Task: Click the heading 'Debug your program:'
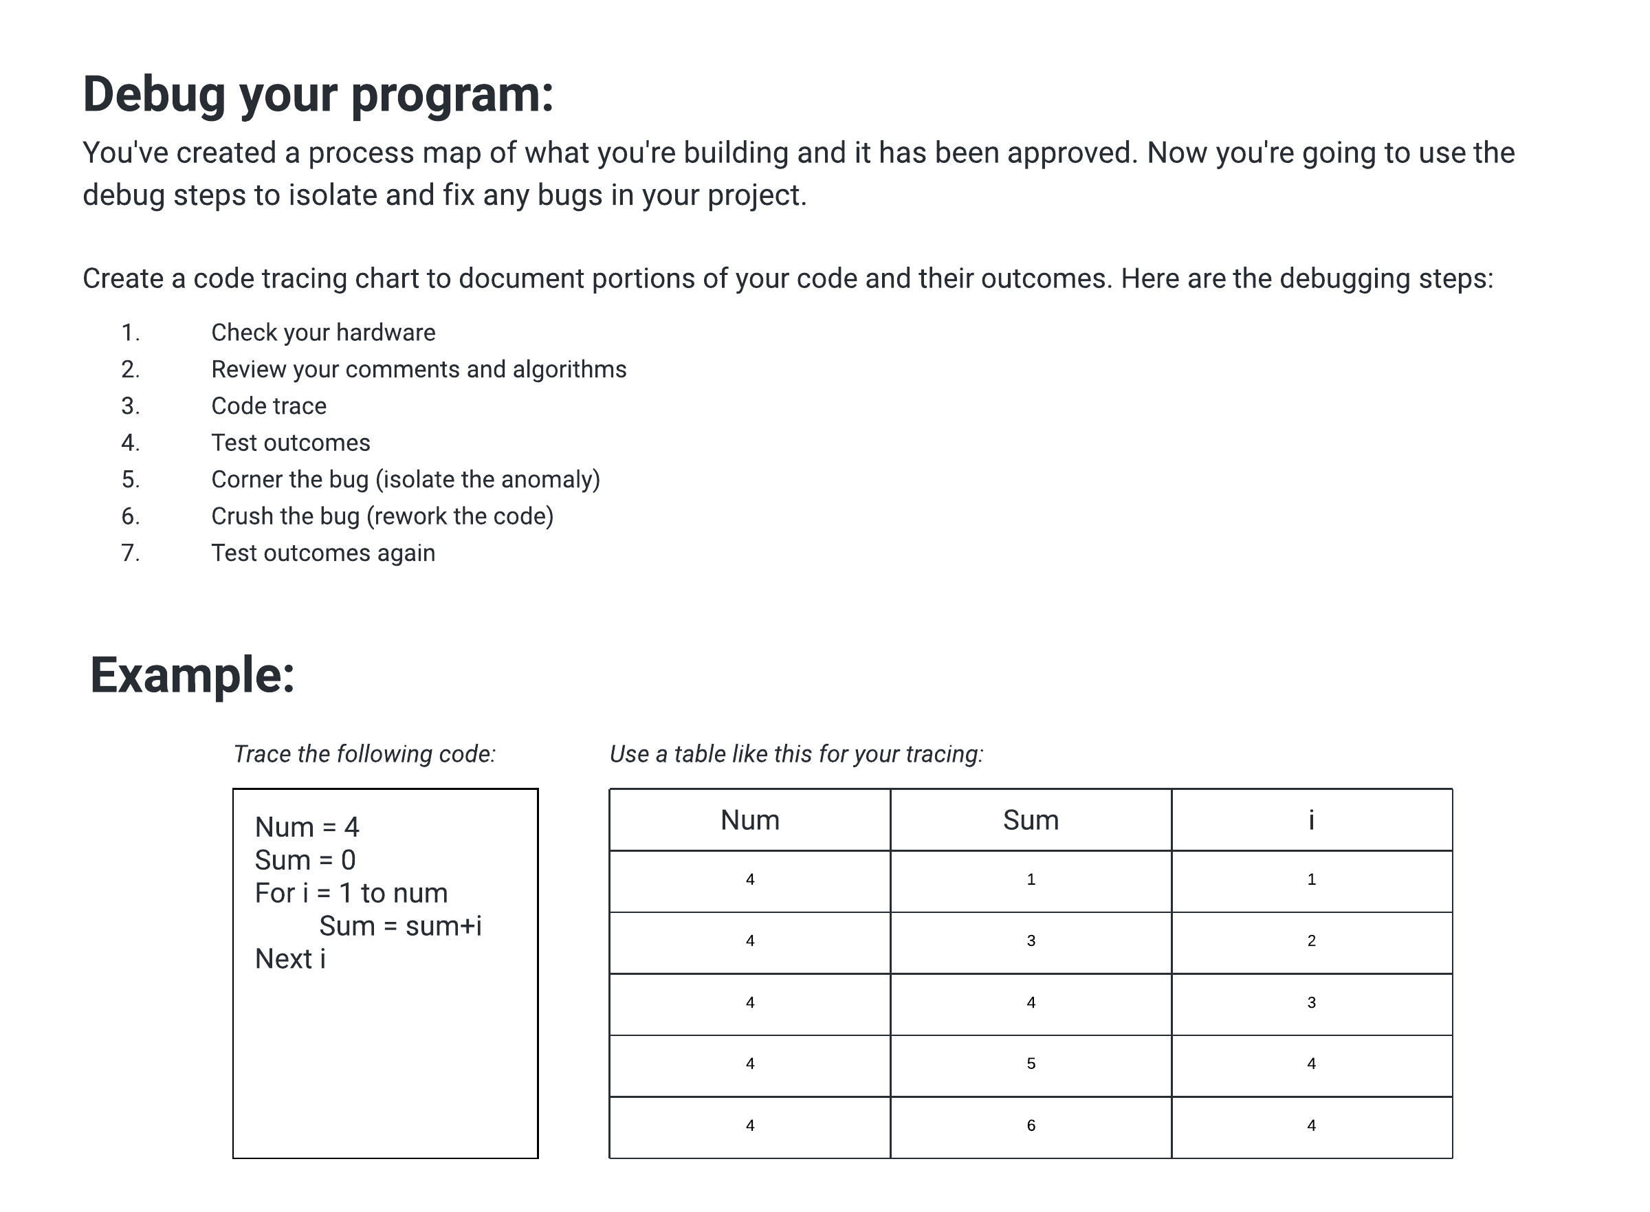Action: tap(318, 96)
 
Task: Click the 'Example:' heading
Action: tap(192, 675)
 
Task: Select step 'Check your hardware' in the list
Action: tap(323, 332)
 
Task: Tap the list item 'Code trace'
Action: tap(269, 406)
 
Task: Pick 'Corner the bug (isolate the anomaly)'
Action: tap(405, 479)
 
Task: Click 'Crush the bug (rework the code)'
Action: tap(382, 516)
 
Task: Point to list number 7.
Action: tap(130, 553)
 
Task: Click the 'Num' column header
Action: tap(749, 819)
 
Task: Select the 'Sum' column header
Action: tap(1030, 819)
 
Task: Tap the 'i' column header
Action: tap(1311, 819)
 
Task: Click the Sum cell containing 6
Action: tap(1030, 1125)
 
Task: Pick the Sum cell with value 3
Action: tap(1030, 940)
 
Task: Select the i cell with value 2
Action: tap(1311, 940)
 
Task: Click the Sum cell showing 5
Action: tap(1030, 1063)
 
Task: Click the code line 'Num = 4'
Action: tap(307, 827)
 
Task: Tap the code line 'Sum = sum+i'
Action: tap(400, 926)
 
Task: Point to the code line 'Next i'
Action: tap(290, 959)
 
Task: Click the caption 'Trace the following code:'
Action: tap(364, 753)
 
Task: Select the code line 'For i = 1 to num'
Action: tap(351, 893)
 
